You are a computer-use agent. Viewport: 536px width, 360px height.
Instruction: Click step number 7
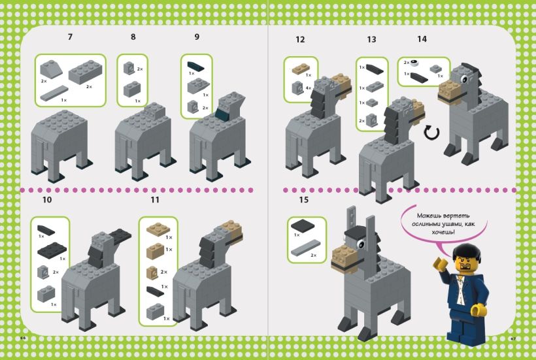tap(70, 37)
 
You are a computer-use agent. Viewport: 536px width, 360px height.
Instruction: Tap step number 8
tap(133, 37)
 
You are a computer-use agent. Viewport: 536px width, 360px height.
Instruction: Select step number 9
tap(197, 37)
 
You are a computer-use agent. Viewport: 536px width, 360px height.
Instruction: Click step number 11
tap(155, 199)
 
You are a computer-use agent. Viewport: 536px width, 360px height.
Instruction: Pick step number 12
tap(300, 39)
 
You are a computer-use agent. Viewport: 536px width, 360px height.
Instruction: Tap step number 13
tap(371, 39)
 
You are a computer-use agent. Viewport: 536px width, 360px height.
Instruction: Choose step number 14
tap(422, 39)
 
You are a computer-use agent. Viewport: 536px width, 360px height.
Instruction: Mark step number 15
tap(303, 199)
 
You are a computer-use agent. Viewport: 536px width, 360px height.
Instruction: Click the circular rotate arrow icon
tap(431, 134)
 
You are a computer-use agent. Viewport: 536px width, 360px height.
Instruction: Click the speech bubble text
tap(435, 223)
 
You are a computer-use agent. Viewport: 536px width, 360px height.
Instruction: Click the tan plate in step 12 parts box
tap(301, 67)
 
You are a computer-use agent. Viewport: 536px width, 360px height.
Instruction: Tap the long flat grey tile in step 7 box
tap(54, 94)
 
